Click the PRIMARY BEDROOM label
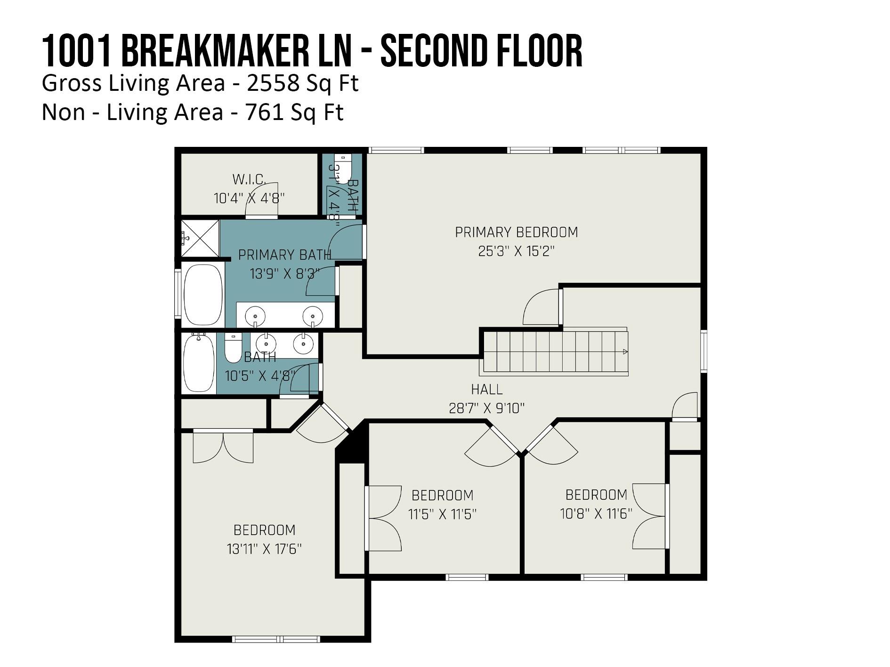coord(516,232)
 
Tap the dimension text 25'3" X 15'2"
coord(516,251)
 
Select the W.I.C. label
coord(249,179)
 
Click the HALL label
coord(486,389)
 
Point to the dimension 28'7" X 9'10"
coord(486,408)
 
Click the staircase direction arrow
coord(625,352)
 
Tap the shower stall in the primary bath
coord(200,238)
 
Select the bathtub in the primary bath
coord(203,295)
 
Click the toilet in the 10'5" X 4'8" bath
coord(233,349)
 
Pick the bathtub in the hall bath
coord(198,363)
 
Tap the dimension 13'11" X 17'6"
coord(264,549)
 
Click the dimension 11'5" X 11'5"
coord(442,514)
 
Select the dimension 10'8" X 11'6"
coord(596,513)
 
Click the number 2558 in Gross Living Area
coord(273,83)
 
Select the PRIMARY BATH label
coord(284,255)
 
